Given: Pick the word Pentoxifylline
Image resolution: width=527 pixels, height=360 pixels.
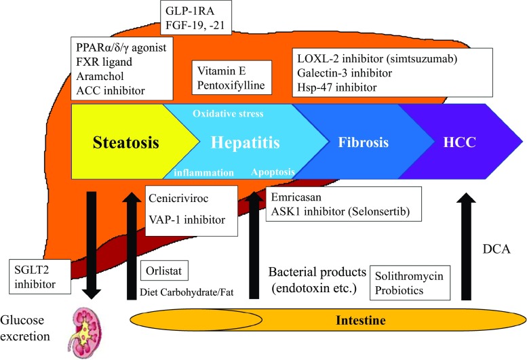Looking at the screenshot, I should point(231,87).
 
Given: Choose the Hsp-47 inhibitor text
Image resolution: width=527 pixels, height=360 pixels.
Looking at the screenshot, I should point(336,88).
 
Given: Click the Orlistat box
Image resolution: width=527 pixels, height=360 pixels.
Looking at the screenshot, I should point(162,273).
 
